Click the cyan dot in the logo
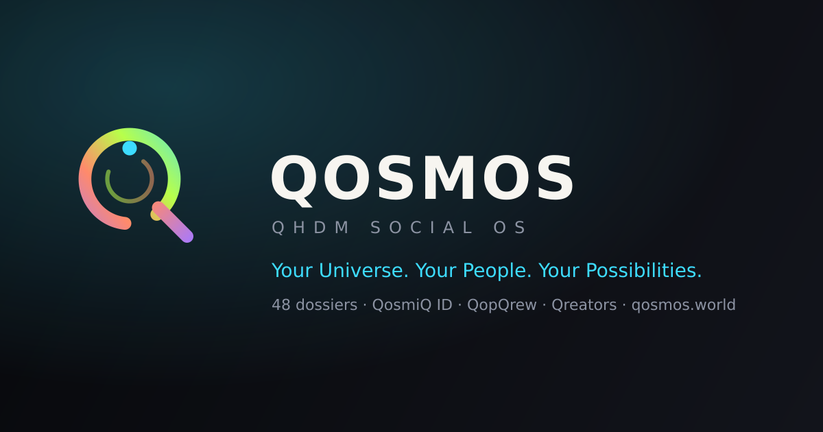click(130, 148)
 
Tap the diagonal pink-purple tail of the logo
click(173, 222)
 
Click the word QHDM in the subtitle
click(310, 228)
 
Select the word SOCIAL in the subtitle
click(421, 228)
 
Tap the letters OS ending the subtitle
click(510, 228)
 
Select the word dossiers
click(326, 305)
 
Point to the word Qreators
click(584, 305)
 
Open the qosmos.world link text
click(683, 305)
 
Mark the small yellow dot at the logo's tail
click(156, 215)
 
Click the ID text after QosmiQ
click(444, 305)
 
